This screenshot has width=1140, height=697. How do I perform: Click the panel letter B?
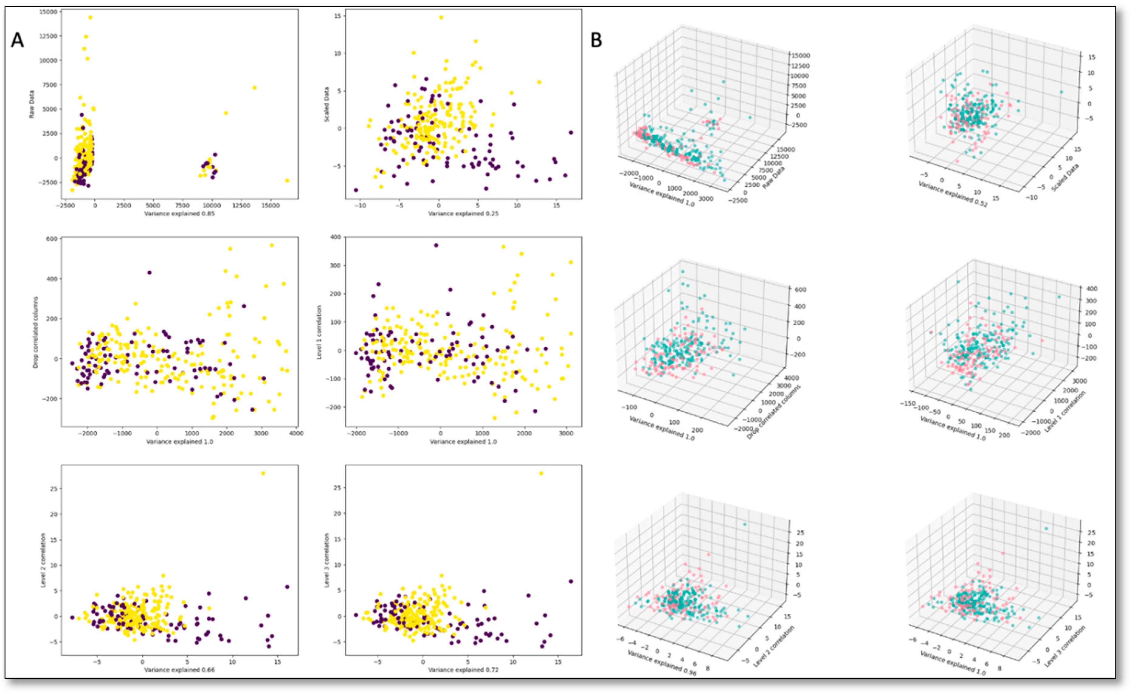(596, 41)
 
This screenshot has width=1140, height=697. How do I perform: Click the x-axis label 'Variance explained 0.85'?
(180, 214)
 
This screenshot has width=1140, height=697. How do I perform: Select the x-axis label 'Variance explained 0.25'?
(463, 214)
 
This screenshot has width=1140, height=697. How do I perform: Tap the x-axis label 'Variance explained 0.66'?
(180, 670)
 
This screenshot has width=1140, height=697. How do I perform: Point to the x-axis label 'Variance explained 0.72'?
(463, 670)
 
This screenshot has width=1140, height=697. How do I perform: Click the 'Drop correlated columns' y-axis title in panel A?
(36, 332)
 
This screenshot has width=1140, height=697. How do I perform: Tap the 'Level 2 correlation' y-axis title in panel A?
(43, 560)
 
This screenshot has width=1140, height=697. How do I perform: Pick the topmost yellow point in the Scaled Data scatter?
(441, 18)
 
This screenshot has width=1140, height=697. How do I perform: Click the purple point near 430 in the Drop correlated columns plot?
(149, 272)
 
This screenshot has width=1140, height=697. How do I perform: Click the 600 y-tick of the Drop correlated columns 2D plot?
(51, 239)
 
